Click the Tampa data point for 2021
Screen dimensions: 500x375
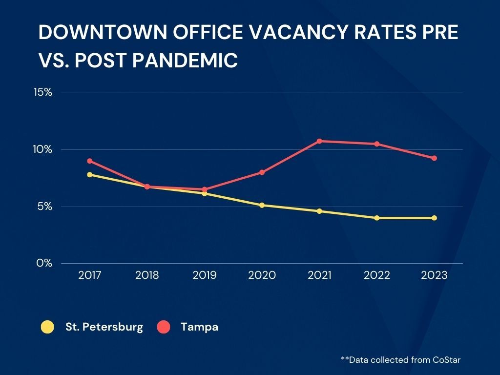pos(319,141)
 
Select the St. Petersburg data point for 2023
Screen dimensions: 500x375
pos(434,218)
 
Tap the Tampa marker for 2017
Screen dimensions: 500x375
pos(90,161)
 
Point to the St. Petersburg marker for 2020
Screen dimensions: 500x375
pos(262,206)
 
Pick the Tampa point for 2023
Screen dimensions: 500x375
pos(434,158)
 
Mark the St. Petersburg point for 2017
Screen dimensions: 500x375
pos(90,175)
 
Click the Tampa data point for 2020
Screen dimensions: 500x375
pos(262,172)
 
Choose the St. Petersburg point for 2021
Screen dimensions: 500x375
pos(319,211)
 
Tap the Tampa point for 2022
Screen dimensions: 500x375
pos(377,144)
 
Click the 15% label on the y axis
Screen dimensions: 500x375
pos(43,92)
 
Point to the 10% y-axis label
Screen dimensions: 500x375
pos(42,149)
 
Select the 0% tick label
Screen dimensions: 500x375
pos(44,263)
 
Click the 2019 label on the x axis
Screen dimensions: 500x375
pos(205,275)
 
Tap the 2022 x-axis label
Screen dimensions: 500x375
pos(377,275)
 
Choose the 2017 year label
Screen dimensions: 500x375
pos(90,275)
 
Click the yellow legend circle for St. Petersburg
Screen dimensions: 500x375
pos(47,327)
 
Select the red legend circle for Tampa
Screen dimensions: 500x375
pos(164,327)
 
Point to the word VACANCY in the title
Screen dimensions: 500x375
pos(298,32)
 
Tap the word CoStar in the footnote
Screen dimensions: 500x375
pos(447,360)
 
